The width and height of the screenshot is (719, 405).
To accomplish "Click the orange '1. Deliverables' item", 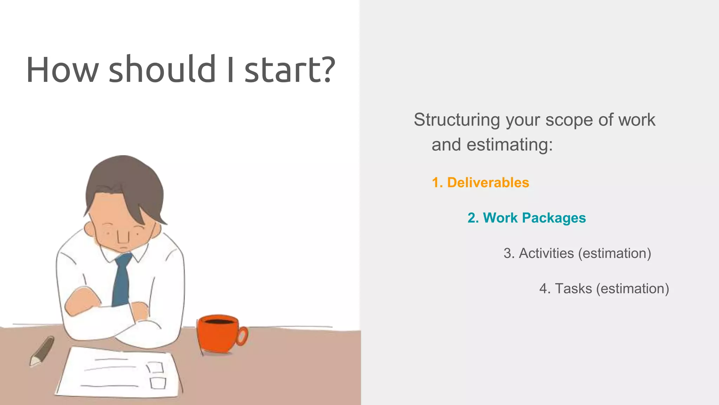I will (x=480, y=182).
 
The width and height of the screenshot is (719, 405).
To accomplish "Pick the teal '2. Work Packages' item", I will (x=527, y=218).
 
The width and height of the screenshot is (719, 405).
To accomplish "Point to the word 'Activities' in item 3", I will (x=546, y=253).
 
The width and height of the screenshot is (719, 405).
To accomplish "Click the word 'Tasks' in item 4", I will (x=573, y=289).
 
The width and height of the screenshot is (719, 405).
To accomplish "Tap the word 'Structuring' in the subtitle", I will (x=457, y=120).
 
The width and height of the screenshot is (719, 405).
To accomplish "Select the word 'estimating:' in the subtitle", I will (x=509, y=144).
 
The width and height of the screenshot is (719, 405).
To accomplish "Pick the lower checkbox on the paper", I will (x=158, y=383).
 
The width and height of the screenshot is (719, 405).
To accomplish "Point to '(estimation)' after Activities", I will (x=614, y=253).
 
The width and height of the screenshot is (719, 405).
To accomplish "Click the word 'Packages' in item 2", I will (x=554, y=218).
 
